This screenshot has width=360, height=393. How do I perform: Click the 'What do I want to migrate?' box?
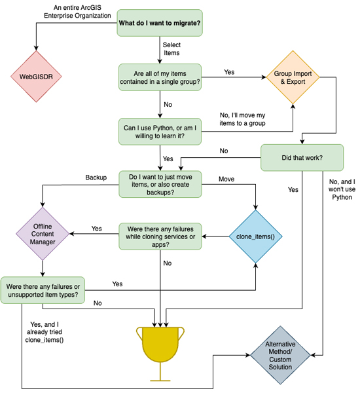160,24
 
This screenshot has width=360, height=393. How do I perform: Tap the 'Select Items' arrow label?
171,48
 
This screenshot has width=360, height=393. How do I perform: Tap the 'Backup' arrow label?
96,178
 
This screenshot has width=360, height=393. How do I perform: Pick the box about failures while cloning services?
160,236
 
